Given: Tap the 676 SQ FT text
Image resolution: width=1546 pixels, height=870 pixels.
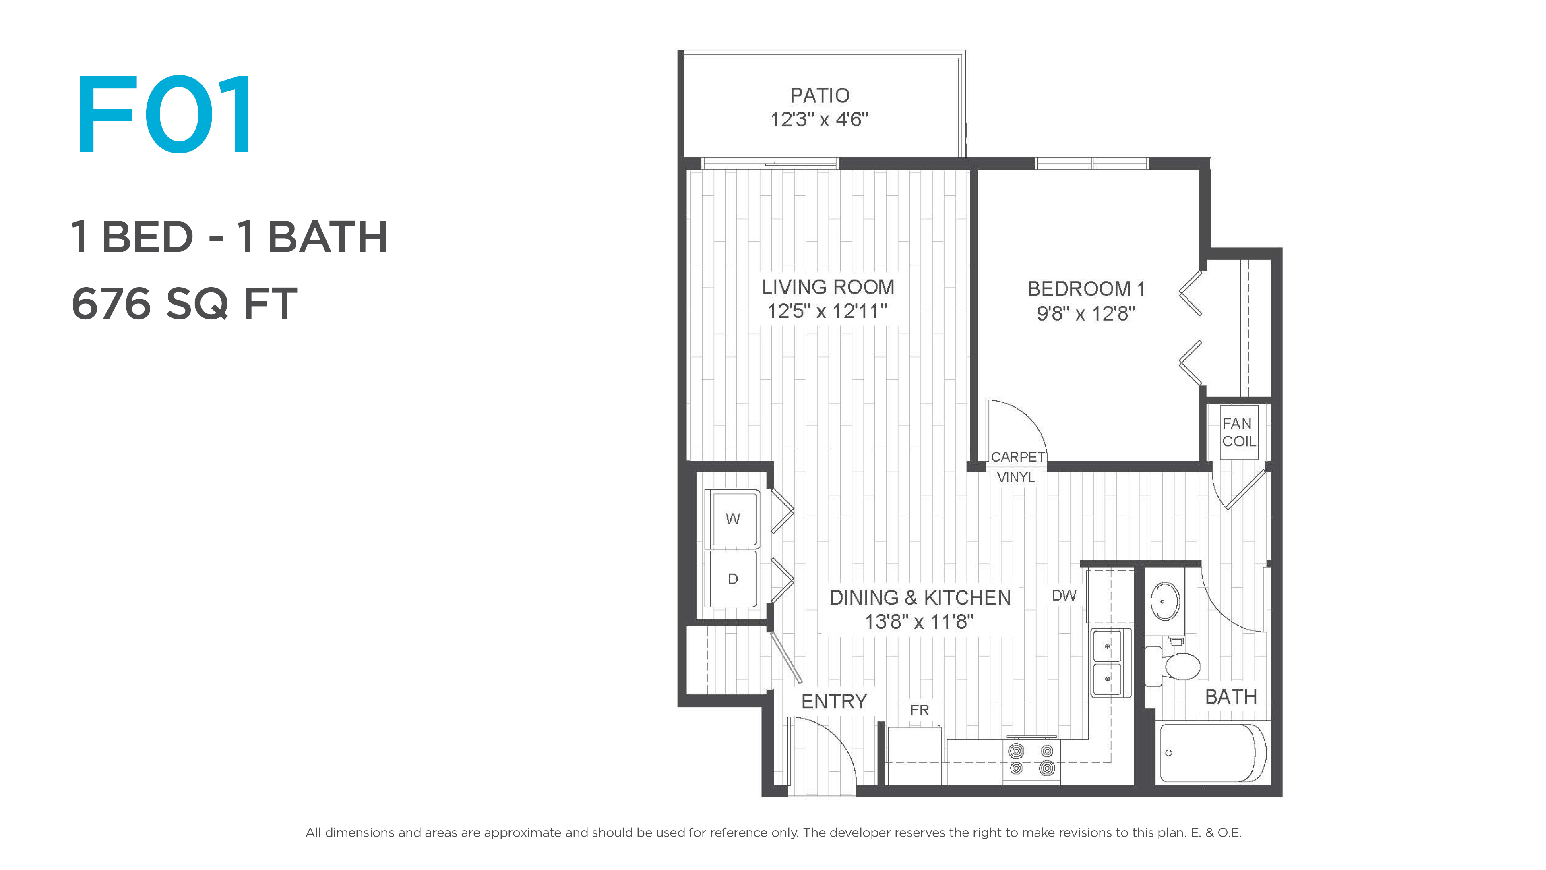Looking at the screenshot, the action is point(184,304).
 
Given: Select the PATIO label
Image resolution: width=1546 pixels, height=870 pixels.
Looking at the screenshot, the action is point(820,95).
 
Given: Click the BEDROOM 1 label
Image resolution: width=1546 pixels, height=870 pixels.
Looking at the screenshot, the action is point(1086,289).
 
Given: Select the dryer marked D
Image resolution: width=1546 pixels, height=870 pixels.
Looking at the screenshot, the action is point(733,579).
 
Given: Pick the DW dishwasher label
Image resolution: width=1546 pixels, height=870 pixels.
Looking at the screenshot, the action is point(1064,596).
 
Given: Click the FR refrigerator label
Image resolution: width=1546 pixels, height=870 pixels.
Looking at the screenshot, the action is point(920,710).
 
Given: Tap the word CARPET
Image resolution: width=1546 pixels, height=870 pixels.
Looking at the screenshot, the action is point(1018,457).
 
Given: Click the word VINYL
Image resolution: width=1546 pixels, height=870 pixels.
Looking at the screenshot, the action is point(1015,477).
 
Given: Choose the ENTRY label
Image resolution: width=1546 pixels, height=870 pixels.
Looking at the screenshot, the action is point(834,701).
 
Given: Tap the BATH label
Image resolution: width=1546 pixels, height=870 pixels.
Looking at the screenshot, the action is point(1231,696).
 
